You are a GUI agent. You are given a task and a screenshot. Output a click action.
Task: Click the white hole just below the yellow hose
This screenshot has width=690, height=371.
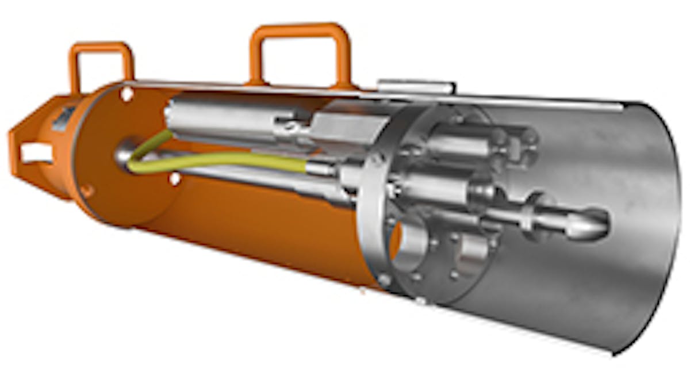174,179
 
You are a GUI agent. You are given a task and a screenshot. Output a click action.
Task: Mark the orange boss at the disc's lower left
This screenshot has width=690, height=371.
87,190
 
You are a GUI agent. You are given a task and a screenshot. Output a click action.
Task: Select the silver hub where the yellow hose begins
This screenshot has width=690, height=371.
125,153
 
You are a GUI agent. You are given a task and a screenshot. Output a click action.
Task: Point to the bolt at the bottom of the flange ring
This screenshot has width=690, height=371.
420,300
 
